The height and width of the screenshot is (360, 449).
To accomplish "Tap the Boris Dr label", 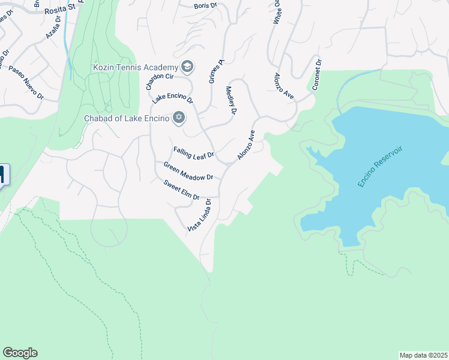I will [x=204, y=6].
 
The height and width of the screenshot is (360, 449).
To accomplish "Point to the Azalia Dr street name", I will [x=53, y=28].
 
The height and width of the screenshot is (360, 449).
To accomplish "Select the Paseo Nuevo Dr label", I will [x=26, y=82].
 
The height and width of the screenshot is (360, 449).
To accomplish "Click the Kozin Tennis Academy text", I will [x=136, y=67].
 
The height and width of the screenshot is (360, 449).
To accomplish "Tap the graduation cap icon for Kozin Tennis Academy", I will [x=187, y=66].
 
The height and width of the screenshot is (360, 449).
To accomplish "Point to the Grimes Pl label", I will [x=216, y=70].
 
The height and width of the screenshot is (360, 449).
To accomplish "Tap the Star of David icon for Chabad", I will [x=178, y=117].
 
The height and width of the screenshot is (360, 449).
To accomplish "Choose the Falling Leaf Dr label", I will [x=193, y=153].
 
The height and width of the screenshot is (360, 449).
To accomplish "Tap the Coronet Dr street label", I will [x=317, y=74].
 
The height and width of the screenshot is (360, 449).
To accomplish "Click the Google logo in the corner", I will [x=20, y=353].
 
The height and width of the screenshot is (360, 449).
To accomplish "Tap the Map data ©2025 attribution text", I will [x=423, y=355].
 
